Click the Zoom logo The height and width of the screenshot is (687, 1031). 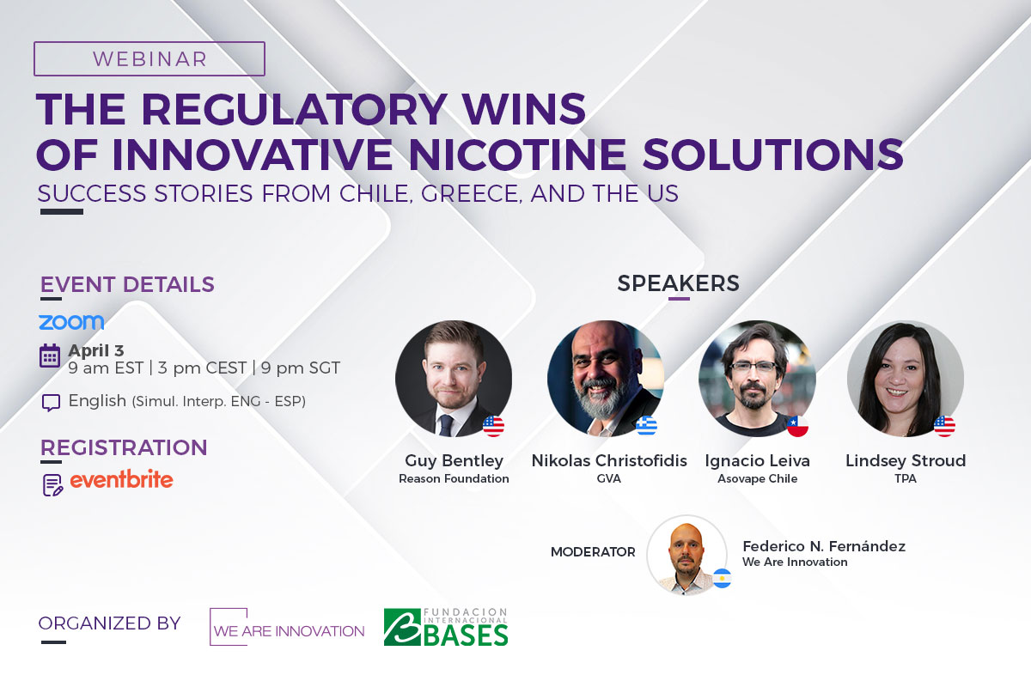(x=71, y=322)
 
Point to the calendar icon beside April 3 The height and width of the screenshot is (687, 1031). (x=50, y=356)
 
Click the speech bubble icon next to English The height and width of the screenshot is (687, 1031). (x=51, y=402)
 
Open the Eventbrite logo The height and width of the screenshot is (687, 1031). (x=121, y=479)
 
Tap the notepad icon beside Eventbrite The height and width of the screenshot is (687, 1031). (x=52, y=485)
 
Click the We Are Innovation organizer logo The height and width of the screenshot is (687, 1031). (x=287, y=627)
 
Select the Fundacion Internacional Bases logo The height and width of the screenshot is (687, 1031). (x=446, y=627)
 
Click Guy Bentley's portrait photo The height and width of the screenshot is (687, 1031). (x=454, y=378)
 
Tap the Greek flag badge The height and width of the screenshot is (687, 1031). (x=646, y=426)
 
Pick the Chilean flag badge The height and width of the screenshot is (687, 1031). (x=797, y=426)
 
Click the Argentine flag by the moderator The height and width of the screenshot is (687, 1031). (x=723, y=578)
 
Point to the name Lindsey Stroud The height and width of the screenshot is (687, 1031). (x=906, y=460)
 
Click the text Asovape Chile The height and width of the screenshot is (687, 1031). (x=757, y=478)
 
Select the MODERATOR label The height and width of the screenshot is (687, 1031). (x=593, y=551)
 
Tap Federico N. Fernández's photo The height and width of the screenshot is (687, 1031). (x=686, y=555)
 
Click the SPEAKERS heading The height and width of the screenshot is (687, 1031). (x=678, y=283)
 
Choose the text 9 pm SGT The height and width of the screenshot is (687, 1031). (x=301, y=368)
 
